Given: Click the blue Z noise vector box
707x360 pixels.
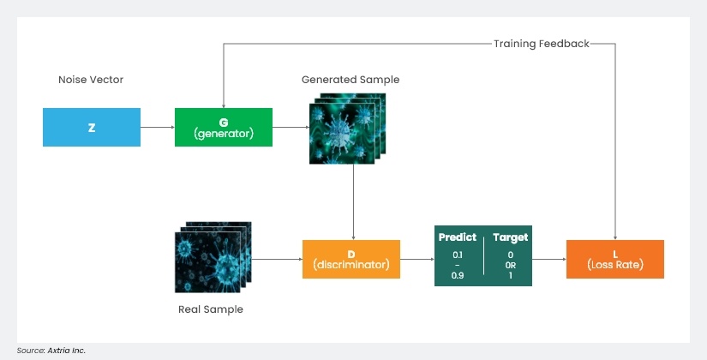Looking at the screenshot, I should tap(92, 127).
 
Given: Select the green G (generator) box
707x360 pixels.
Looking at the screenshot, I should tap(223, 127).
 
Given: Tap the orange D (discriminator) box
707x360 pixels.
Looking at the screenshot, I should tap(351, 259).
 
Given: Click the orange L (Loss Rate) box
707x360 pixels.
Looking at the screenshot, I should tap(614, 259).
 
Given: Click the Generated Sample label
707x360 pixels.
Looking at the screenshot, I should tap(350, 80).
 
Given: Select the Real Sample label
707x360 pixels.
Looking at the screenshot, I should tap(210, 309).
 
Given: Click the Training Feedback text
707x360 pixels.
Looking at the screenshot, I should tap(541, 43).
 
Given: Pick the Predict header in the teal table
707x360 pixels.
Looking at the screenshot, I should tap(457, 237).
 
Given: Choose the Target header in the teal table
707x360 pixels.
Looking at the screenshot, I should tap(511, 237).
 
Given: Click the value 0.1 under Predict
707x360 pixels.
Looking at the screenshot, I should tap(457, 255).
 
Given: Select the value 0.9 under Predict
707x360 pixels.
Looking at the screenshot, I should tap(457, 274).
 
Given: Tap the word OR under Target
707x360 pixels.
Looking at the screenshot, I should tap(511, 265).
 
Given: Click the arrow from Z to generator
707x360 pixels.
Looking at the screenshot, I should tap(157, 127).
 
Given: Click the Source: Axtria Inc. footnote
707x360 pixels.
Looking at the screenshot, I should tap(51, 350).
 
